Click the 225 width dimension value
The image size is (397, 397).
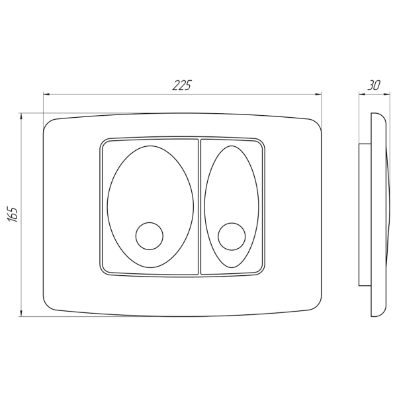tap(182, 85)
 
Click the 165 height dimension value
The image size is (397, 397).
tap(13, 214)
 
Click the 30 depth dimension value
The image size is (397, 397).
tap(374, 85)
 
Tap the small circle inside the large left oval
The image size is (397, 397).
tap(150, 236)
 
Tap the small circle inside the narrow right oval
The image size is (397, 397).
tap(232, 236)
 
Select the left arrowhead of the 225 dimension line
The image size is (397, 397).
tap(46, 95)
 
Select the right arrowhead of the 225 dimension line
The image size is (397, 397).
tap(318, 95)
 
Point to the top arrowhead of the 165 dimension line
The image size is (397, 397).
tap(21, 116)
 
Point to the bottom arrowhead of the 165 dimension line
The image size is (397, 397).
tap(21, 313)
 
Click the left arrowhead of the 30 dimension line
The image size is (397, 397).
tap(362, 95)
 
